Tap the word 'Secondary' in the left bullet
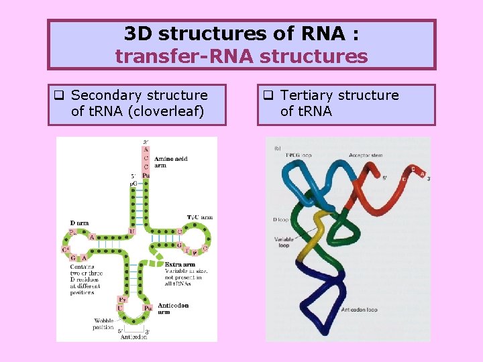coord(103,96)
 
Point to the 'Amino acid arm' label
coord(170,162)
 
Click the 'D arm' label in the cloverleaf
coord(79,223)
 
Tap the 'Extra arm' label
coord(180,265)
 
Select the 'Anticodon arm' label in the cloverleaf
coord(173,308)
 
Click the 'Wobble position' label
coord(105,324)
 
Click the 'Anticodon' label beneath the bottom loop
coord(133,337)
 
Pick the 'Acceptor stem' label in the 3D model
coord(367,155)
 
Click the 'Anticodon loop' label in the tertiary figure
coord(359,310)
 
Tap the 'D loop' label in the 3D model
coord(280,220)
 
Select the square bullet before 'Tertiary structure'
coord(267,95)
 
